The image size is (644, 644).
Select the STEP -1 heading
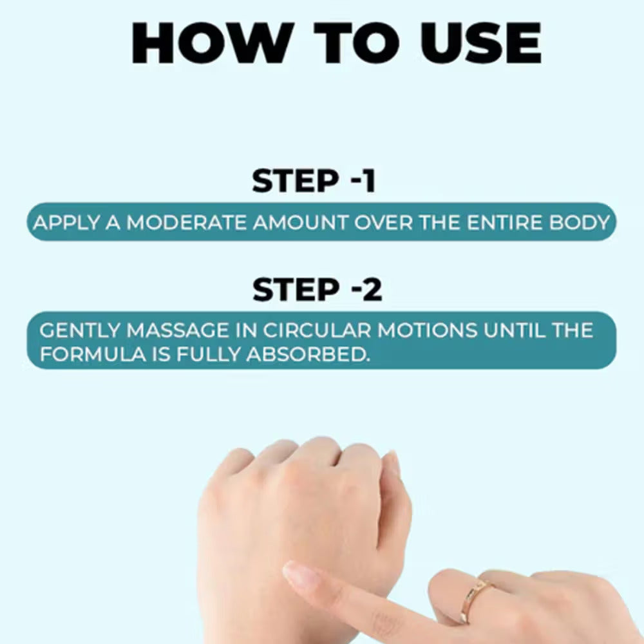point(314,180)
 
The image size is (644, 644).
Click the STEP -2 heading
point(317,290)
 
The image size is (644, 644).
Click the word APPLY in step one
point(66,223)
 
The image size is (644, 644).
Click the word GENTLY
point(80,330)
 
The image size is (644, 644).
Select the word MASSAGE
point(178,330)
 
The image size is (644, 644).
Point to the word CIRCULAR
point(317,330)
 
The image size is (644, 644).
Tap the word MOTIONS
point(427,330)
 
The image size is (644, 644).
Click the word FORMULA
point(93,354)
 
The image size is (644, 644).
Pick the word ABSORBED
point(308,354)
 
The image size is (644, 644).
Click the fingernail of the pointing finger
point(301,574)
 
